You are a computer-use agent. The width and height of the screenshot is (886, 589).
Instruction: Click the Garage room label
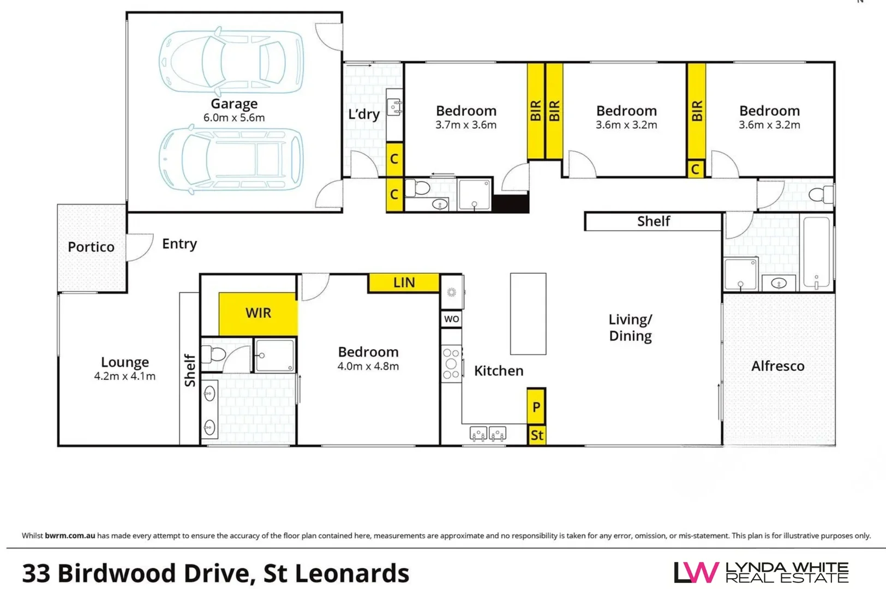(x=234, y=104)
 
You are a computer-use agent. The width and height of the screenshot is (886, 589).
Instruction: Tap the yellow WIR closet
(x=258, y=313)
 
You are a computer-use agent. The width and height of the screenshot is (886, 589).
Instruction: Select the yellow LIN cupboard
(x=404, y=283)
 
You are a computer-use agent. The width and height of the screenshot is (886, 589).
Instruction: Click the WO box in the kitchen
(x=451, y=319)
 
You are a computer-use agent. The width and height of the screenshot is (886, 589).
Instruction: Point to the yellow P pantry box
(x=536, y=406)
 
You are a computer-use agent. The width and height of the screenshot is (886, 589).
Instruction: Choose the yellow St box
(x=536, y=435)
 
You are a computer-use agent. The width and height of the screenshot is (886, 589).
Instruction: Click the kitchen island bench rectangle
(x=528, y=314)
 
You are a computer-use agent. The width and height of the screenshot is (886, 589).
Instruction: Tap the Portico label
(x=91, y=247)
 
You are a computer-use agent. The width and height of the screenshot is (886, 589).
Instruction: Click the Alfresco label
(x=777, y=366)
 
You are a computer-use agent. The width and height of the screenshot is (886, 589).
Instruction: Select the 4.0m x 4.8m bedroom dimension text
(x=368, y=366)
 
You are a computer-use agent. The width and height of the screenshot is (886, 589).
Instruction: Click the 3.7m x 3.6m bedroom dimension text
(x=465, y=125)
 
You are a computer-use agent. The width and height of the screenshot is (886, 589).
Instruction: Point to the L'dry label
(x=363, y=115)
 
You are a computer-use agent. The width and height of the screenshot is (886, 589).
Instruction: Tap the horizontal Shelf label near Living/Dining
(x=653, y=221)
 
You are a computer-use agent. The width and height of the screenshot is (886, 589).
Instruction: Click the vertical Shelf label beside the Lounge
(x=190, y=370)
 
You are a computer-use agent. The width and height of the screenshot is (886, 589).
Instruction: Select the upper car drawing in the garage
(x=231, y=61)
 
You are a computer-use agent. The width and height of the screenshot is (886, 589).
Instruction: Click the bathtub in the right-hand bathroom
(x=816, y=251)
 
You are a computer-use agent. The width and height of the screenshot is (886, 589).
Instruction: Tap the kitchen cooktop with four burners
(x=451, y=363)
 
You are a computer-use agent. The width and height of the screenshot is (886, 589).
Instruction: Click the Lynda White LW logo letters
(x=696, y=573)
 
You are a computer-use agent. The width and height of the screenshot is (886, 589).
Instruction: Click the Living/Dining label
(x=630, y=327)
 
